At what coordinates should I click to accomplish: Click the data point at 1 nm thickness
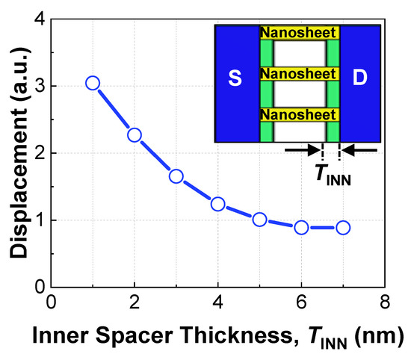[93, 83]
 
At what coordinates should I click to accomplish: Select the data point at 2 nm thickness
[135, 135]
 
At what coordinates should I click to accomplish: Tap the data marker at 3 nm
[176, 176]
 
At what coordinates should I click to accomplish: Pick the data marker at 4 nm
[218, 204]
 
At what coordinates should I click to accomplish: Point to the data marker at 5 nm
[259, 220]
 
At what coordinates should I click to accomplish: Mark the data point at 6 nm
[301, 227]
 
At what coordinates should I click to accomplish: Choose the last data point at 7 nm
[343, 227]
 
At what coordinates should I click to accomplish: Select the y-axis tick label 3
[38, 86]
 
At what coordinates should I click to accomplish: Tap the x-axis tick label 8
[385, 303]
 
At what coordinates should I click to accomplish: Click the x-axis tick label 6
[301, 303]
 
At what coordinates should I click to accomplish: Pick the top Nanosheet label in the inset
[300, 34]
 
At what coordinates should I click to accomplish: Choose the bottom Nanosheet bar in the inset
[300, 115]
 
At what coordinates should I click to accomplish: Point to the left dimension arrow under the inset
[302, 151]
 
